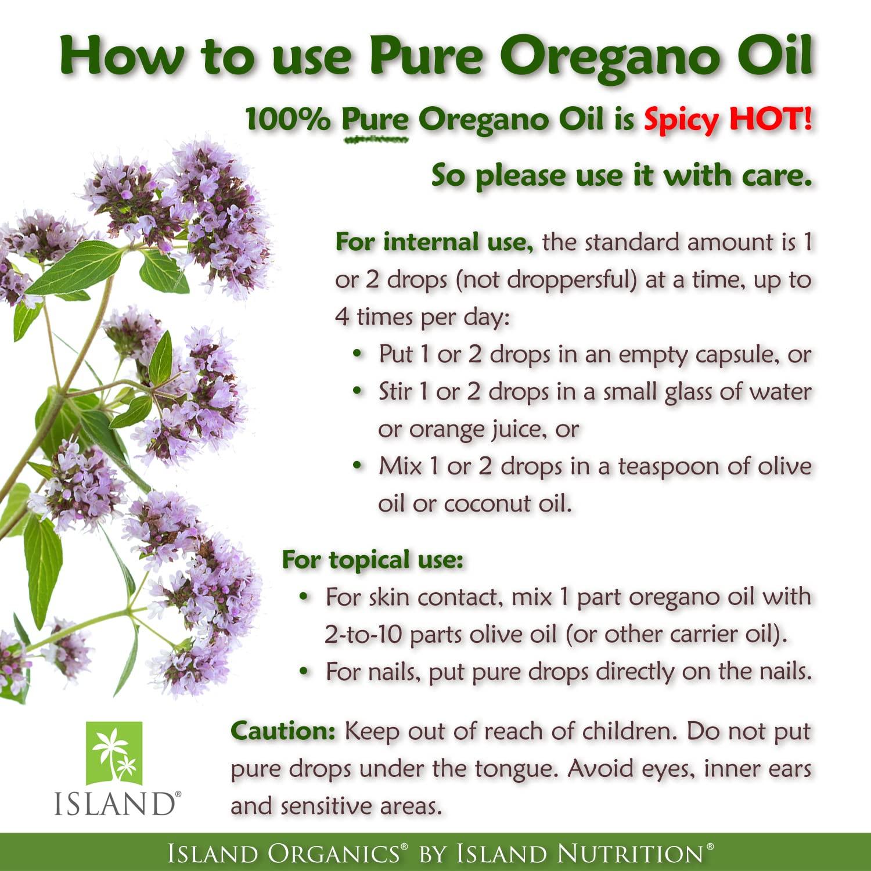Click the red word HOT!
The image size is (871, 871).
[771, 119]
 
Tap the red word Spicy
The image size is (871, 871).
[682, 121]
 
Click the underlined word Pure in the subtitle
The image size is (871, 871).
[375, 121]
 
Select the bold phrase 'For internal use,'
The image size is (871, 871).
[434, 242]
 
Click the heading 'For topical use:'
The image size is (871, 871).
[372, 560]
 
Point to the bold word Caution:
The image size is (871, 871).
[283, 731]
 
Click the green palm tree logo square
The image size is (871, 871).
[114, 753]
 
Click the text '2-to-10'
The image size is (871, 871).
[363, 635]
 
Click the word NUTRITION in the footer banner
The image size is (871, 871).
[630, 854]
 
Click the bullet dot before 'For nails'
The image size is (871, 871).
[304, 671]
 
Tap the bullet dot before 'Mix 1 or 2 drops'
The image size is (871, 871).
[358, 466]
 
